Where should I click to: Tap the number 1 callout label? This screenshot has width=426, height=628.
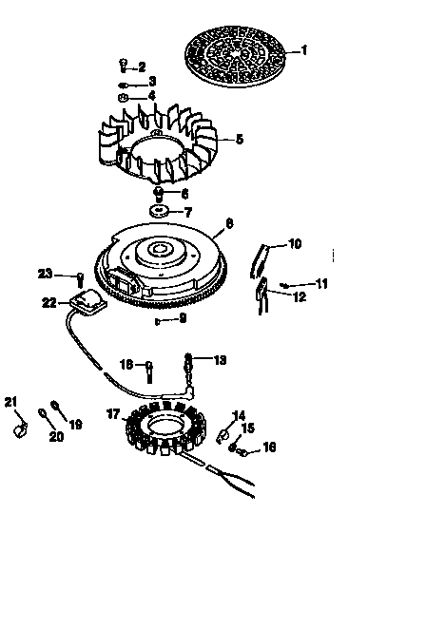[x=304, y=49]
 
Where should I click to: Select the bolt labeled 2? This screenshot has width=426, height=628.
[x=124, y=66]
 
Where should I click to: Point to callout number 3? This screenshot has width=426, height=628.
[x=151, y=83]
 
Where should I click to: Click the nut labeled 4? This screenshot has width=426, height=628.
[x=125, y=97]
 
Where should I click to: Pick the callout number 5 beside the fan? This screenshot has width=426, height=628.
[x=239, y=139]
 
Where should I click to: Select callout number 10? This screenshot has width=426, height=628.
[x=295, y=244]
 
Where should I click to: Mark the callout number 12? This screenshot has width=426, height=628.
[x=300, y=296]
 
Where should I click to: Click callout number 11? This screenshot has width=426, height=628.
[x=321, y=283]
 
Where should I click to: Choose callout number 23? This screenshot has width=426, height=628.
[x=44, y=274]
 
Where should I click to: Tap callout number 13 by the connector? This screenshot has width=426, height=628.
[x=221, y=360]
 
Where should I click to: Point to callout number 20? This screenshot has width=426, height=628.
[x=56, y=437]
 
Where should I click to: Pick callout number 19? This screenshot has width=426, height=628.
[x=75, y=425]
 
